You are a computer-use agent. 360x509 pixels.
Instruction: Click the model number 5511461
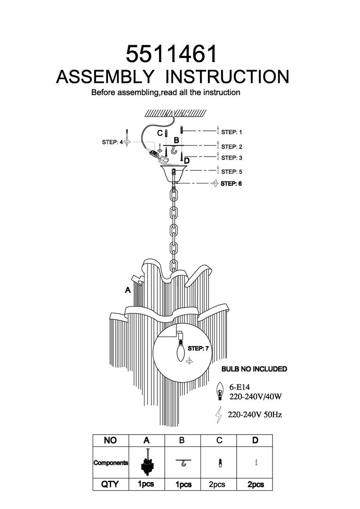[172, 54]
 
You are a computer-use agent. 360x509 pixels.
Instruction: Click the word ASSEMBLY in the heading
[105, 77]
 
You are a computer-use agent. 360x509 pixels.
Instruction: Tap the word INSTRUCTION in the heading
[228, 77]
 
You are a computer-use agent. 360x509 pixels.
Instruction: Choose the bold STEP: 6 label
[231, 183]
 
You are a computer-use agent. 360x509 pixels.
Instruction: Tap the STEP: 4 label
[112, 142]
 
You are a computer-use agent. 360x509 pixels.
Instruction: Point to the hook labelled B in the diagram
[176, 151]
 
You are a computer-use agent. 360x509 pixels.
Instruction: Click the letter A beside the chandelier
[127, 291]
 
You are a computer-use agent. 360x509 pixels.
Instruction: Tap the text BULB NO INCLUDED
[254, 369]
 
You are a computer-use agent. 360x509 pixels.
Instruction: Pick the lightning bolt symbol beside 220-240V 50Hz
[218, 415]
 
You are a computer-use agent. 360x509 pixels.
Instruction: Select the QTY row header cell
[110, 484]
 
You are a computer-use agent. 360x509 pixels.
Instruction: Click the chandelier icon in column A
[147, 462]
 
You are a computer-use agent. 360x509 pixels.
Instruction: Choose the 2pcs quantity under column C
[218, 485]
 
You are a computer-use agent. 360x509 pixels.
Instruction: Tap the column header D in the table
[255, 441]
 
